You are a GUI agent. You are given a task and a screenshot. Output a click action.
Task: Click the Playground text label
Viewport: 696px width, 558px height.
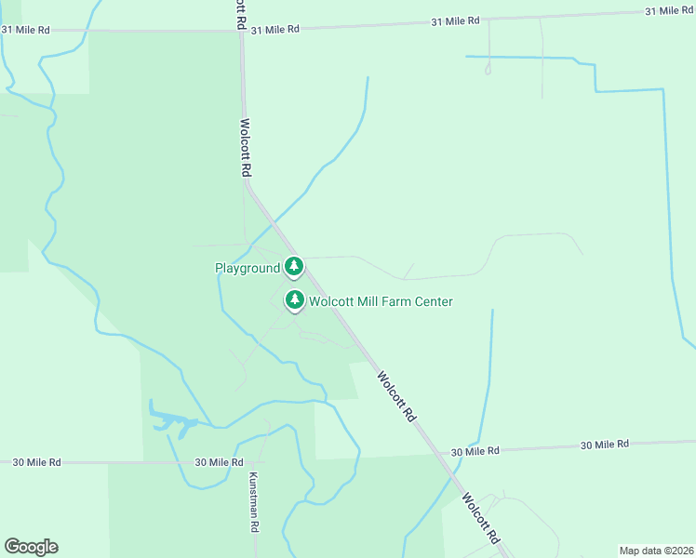[248, 268]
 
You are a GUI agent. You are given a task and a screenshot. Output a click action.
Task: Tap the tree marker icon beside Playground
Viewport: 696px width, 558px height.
[294, 267]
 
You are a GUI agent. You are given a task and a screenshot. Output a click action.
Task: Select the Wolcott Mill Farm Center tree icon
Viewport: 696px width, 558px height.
[295, 299]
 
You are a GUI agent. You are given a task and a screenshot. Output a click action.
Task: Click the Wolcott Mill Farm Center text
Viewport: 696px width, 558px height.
[381, 301]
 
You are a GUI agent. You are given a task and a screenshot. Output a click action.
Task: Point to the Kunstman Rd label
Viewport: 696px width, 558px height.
[252, 501]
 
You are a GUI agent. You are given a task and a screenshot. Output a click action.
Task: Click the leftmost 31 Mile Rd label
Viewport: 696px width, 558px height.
[25, 30]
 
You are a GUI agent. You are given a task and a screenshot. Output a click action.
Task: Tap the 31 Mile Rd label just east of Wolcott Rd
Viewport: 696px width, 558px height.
[274, 30]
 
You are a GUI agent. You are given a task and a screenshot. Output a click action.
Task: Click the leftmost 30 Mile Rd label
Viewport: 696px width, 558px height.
[36, 462]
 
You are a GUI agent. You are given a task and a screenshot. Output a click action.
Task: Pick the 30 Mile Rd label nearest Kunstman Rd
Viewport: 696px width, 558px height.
[219, 462]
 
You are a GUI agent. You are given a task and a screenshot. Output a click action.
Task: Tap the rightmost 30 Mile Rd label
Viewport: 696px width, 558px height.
[605, 445]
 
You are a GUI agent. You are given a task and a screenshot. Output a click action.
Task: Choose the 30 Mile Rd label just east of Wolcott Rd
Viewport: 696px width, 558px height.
[475, 451]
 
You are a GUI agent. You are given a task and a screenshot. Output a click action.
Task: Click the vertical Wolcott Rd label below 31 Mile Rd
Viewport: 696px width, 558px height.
[246, 147]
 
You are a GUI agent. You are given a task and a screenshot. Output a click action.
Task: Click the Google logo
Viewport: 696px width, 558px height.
[31, 547]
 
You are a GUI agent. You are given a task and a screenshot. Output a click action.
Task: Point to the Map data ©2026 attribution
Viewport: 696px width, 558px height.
[657, 550]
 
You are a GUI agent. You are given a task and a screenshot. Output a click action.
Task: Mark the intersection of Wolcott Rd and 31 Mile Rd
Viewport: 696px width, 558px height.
[242, 31]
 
